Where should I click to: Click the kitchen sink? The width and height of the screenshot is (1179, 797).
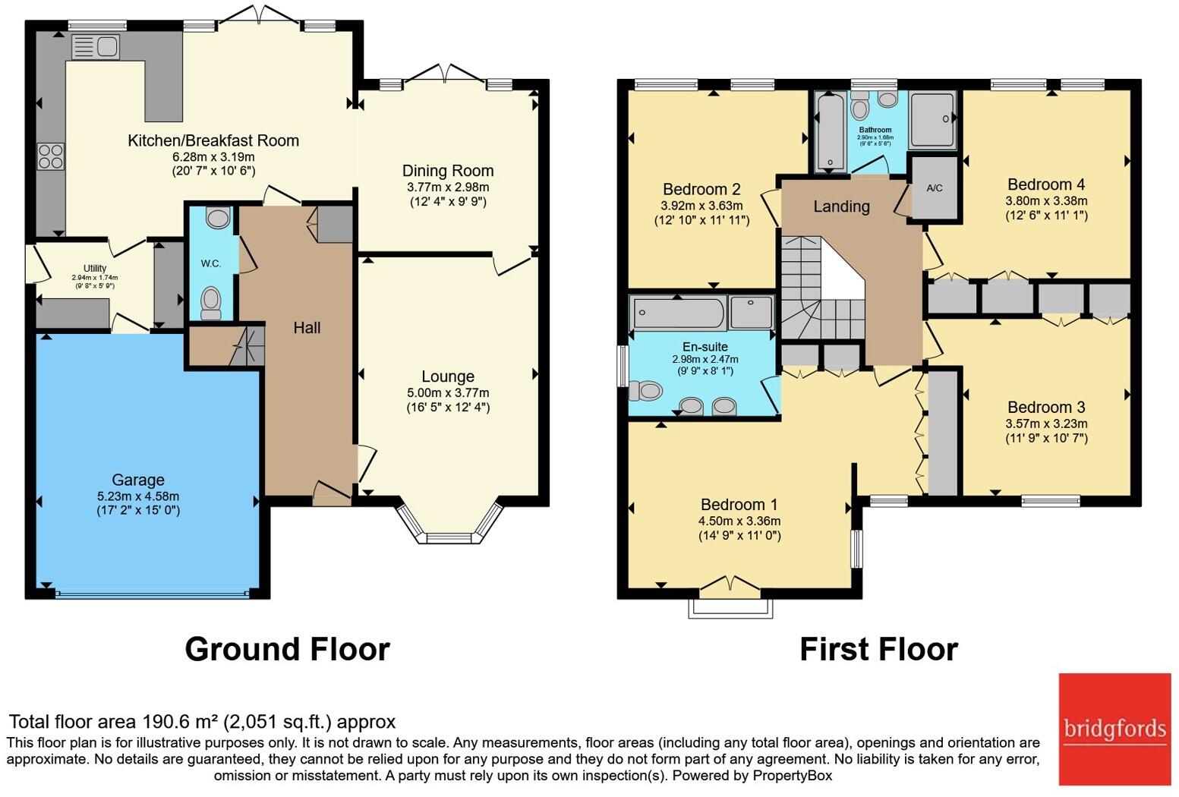(x=95, y=46)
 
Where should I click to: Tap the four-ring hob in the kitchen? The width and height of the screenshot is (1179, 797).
(x=51, y=156)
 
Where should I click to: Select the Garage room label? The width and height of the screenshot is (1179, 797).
(x=138, y=480)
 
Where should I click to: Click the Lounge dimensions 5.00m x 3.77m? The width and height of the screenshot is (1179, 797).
(x=448, y=392)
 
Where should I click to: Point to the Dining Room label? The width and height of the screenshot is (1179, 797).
(x=448, y=171)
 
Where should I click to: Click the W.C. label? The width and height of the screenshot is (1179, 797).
(x=210, y=263)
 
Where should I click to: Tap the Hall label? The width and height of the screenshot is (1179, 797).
(x=307, y=328)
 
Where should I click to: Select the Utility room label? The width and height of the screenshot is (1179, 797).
(x=95, y=269)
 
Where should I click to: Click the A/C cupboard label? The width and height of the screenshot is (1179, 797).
(x=935, y=188)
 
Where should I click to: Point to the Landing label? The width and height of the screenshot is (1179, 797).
(x=842, y=206)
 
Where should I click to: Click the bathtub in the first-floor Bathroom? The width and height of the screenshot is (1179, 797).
(x=830, y=131)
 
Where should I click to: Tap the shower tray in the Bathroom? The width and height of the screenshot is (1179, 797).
(x=933, y=120)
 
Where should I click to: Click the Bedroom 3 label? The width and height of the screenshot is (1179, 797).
(x=1046, y=408)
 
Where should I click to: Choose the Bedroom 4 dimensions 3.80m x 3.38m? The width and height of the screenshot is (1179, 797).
(x=1046, y=200)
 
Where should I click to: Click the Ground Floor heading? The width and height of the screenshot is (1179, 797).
(x=288, y=649)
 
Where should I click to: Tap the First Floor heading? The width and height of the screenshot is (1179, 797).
(x=879, y=649)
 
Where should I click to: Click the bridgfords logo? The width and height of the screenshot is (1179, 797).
(x=1114, y=729)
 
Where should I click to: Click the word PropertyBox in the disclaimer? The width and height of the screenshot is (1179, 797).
(x=793, y=776)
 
